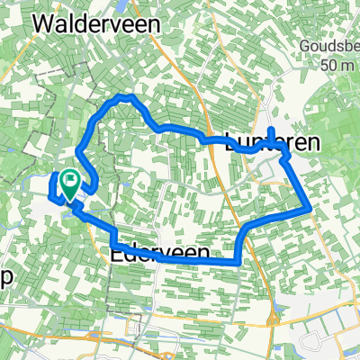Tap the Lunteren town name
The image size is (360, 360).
(x=260, y=140)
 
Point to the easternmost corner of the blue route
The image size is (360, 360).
(x=310, y=207)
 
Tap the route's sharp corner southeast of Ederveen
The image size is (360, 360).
(x=236, y=263)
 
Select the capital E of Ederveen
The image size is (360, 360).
(x=116, y=254)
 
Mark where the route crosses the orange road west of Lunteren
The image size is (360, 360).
(x=210, y=140)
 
